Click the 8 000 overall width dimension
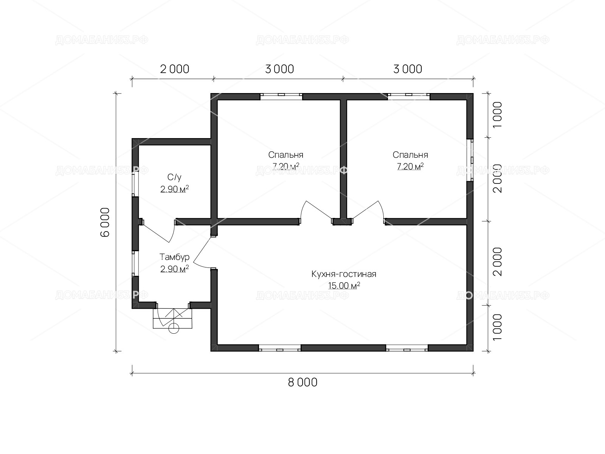[302, 382]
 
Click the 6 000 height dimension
[105, 222]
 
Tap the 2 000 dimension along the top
[174, 69]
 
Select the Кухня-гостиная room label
[344, 274]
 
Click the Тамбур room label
[174, 257]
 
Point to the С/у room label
[174, 177]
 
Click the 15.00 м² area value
[344, 286]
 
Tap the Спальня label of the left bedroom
[286, 155]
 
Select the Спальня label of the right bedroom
[410, 155]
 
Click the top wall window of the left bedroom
[281, 96]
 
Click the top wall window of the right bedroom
[409, 96]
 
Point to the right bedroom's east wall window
[470, 160]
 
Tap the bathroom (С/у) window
[135, 184]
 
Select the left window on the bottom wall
[279, 348]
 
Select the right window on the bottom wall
[407, 348]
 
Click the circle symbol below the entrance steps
[174, 328]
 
